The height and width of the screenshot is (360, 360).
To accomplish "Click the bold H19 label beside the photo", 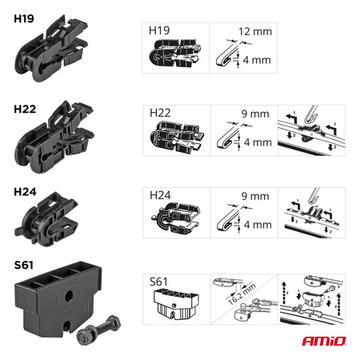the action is (24, 18).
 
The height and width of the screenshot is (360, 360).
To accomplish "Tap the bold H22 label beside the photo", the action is (25, 109).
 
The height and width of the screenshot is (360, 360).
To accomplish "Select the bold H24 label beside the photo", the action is (25, 192).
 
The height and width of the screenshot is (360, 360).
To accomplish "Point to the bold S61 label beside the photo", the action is (24, 265).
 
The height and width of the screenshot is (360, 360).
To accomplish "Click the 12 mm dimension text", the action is (255, 31).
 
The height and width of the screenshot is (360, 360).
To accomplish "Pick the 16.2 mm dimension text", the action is (242, 294).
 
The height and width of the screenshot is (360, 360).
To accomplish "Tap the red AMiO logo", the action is (324, 341).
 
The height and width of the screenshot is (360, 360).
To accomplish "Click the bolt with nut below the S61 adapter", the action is (98, 330).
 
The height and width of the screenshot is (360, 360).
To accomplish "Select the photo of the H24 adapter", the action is (46, 219).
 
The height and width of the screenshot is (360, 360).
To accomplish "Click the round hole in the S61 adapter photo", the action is (69, 295).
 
